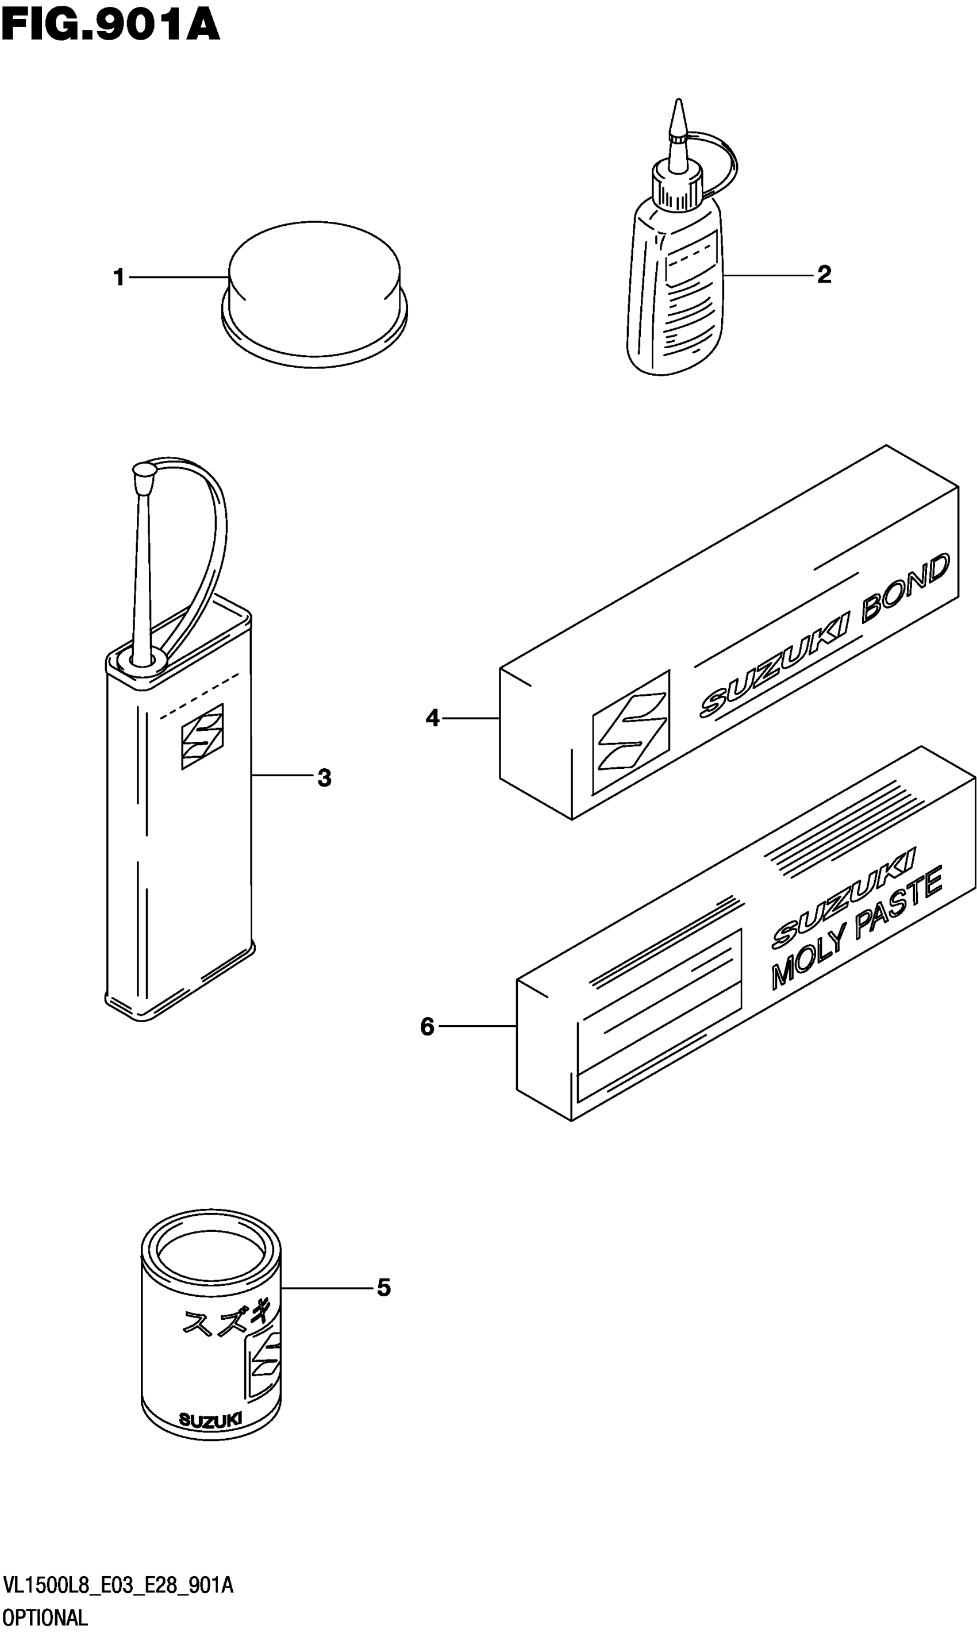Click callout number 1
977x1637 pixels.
click(x=118, y=277)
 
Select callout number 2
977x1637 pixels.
click(x=824, y=275)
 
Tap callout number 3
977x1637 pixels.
click(x=324, y=778)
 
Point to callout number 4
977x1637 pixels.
click(x=432, y=718)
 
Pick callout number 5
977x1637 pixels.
click(x=384, y=1288)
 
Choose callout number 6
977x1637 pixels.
click(x=427, y=1026)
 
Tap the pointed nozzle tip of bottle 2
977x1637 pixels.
click(x=678, y=115)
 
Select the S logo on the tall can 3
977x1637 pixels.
click(x=202, y=736)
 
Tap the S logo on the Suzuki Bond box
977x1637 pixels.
click(x=630, y=733)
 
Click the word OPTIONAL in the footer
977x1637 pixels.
click(x=45, y=1617)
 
